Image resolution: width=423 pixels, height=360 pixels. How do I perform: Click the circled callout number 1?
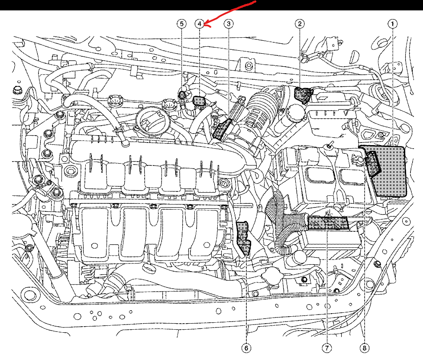pyautogui.click(x=393, y=23)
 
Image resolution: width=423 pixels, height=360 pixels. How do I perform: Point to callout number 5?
pyautogui.click(x=182, y=23)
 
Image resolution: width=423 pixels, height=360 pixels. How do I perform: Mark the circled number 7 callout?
pyautogui.click(x=326, y=348)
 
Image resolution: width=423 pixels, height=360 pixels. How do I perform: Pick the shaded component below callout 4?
pyautogui.click(x=199, y=101)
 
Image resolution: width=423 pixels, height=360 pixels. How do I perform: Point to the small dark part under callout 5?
pyautogui.click(x=183, y=94)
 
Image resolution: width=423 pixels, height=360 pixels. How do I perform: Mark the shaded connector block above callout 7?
pyautogui.click(x=328, y=224)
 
